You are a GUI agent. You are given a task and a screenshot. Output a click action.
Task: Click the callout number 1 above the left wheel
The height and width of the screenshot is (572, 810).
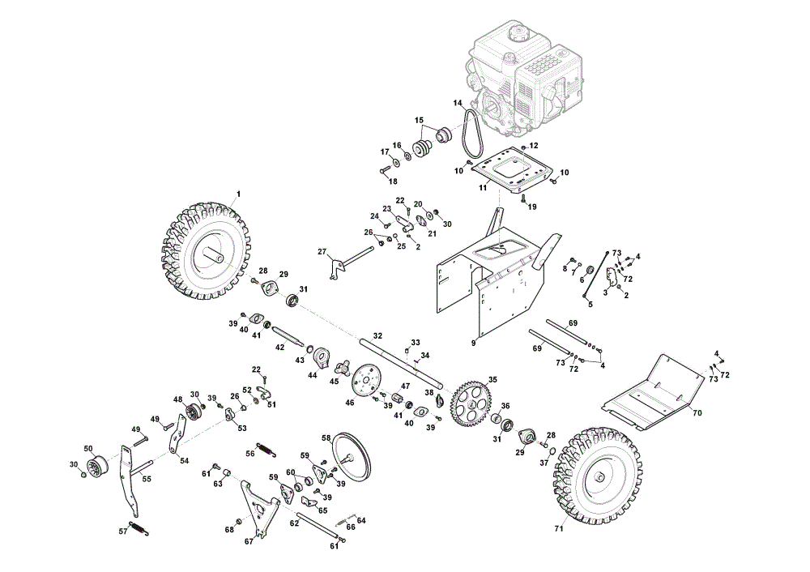click(x=238, y=194)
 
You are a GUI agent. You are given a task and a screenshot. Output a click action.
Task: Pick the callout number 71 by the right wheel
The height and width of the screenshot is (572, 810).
click(x=558, y=528)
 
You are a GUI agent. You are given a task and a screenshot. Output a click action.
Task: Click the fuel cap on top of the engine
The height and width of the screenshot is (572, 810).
click(x=517, y=35)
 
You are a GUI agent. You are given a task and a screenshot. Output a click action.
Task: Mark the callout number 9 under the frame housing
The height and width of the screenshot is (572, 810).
click(x=473, y=342)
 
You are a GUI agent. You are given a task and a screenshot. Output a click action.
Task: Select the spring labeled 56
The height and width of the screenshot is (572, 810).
click(x=266, y=449)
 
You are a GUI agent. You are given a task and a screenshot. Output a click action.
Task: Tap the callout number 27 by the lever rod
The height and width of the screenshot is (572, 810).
click(x=322, y=252)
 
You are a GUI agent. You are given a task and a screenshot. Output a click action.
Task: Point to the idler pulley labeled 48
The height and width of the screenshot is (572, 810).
click(x=194, y=412)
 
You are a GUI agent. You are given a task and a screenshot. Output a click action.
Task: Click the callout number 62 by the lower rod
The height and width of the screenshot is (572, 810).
click(x=294, y=523)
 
